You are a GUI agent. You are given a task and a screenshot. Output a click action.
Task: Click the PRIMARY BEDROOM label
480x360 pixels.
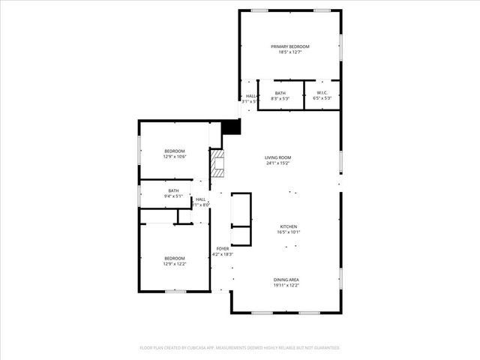pos(289,46)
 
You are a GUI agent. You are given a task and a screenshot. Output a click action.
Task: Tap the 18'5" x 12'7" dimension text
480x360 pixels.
pos(289,52)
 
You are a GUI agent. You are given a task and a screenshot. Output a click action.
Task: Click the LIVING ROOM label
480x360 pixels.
pos(277,157)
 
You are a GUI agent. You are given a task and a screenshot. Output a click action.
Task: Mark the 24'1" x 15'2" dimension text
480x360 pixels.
pos(277,163)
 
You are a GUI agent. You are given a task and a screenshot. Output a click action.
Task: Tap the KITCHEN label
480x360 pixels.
pos(289,226)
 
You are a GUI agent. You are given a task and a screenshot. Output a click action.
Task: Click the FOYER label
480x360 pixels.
pos(223,248)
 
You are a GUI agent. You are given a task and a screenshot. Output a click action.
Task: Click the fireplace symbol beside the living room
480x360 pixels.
pos(217,163)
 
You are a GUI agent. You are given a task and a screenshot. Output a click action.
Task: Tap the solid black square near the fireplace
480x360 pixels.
pos(232,127)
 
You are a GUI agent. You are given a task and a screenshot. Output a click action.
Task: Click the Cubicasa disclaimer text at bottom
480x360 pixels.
pos(240,348)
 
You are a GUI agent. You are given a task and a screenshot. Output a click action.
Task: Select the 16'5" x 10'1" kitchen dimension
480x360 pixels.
pos(289,232)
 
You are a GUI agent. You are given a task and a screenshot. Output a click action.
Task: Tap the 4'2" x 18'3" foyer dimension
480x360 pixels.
pos(223,254)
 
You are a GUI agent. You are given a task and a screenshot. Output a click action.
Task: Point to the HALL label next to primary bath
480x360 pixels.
pos(250,96)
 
